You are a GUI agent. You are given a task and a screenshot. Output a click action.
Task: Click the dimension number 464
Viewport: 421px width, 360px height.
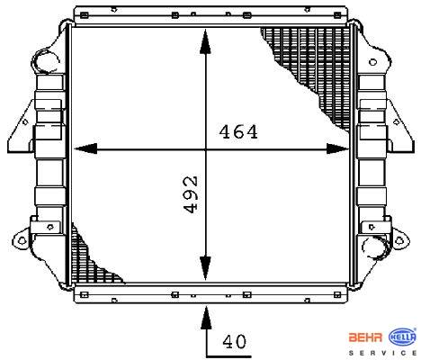click(x=238, y=132)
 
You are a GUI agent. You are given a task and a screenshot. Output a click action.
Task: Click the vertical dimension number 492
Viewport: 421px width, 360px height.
click(x=191, y=194)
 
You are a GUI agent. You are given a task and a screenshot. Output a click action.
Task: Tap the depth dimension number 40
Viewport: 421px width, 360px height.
click(x=235, y=341)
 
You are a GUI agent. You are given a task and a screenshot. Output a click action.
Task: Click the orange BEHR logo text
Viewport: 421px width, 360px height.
click(x=365, y=337)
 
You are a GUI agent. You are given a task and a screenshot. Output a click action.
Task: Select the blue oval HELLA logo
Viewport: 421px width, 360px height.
click(x=402, y=337)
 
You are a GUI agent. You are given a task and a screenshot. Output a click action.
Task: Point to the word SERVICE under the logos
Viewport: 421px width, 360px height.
click(x=382, y=353)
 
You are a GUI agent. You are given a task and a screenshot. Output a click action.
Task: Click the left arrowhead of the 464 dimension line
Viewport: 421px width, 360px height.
click(x=85, y=148)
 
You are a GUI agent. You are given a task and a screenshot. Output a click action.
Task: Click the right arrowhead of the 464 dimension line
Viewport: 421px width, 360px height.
click(x=337, y=148)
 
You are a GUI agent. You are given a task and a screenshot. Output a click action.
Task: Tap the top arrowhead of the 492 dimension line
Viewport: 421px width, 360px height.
click(x=205, y=41)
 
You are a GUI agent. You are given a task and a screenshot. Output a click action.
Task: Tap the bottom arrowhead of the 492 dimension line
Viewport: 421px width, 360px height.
click(x=205, y=268)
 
